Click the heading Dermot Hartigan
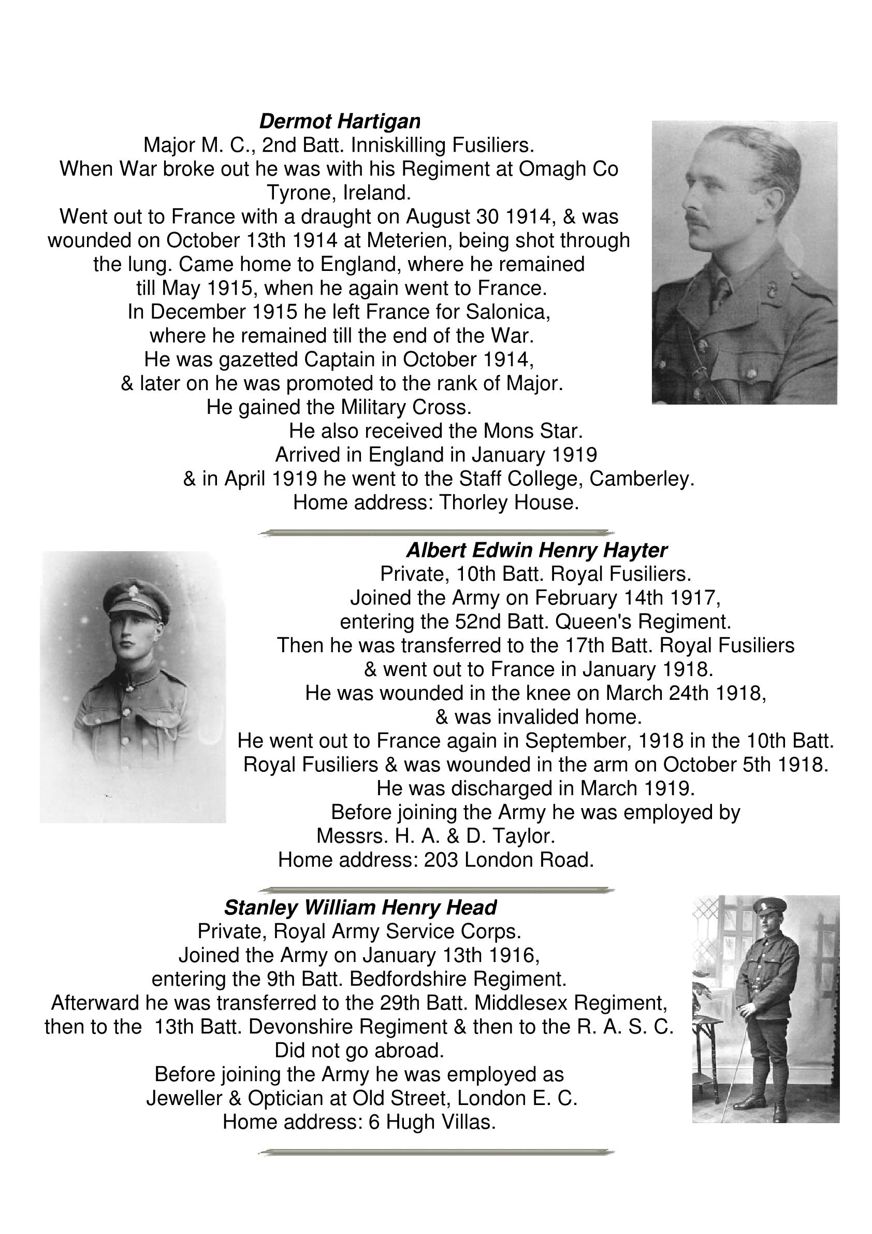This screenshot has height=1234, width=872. tap(340, 122)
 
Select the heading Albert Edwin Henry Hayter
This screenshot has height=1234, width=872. tap(536, 550)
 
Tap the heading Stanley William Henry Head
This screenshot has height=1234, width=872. tap(360, 908)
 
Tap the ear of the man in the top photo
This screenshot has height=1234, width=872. tap(773, 198)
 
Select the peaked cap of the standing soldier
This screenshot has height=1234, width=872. tap(769, 907)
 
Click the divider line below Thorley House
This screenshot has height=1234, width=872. tap(435, 533)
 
